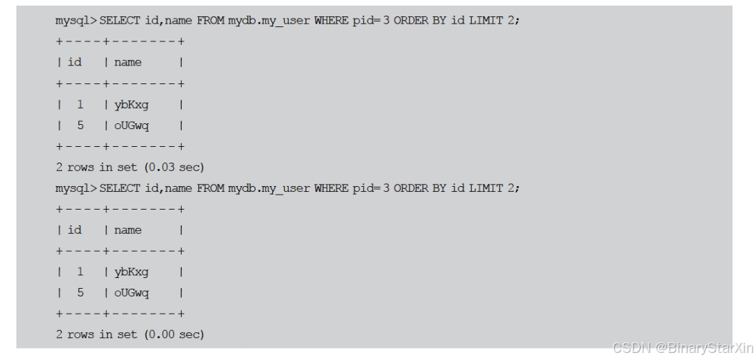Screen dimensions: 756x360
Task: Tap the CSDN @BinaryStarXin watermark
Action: click(x=682, y=347)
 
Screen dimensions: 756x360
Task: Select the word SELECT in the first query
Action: click(x=120, y=21)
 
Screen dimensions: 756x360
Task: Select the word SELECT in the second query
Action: click(x=120, y=188)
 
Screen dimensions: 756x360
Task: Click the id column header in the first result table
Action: click(x=75, y=62)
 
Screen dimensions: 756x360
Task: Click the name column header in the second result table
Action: click(x=128, y=230)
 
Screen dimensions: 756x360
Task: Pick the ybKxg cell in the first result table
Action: click(x=131, y=106)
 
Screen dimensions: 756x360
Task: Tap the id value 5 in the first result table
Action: click(x=80, y=125)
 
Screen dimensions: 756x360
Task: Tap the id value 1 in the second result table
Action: click(x=80, y=272)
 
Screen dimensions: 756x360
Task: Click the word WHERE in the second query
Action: click(x=331, y=188)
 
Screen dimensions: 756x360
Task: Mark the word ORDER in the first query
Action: click(x=411, y=21)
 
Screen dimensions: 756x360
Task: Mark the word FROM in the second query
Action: click(x=211, y=188)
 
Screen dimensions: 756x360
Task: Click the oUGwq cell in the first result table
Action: click(x=132, y=126)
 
